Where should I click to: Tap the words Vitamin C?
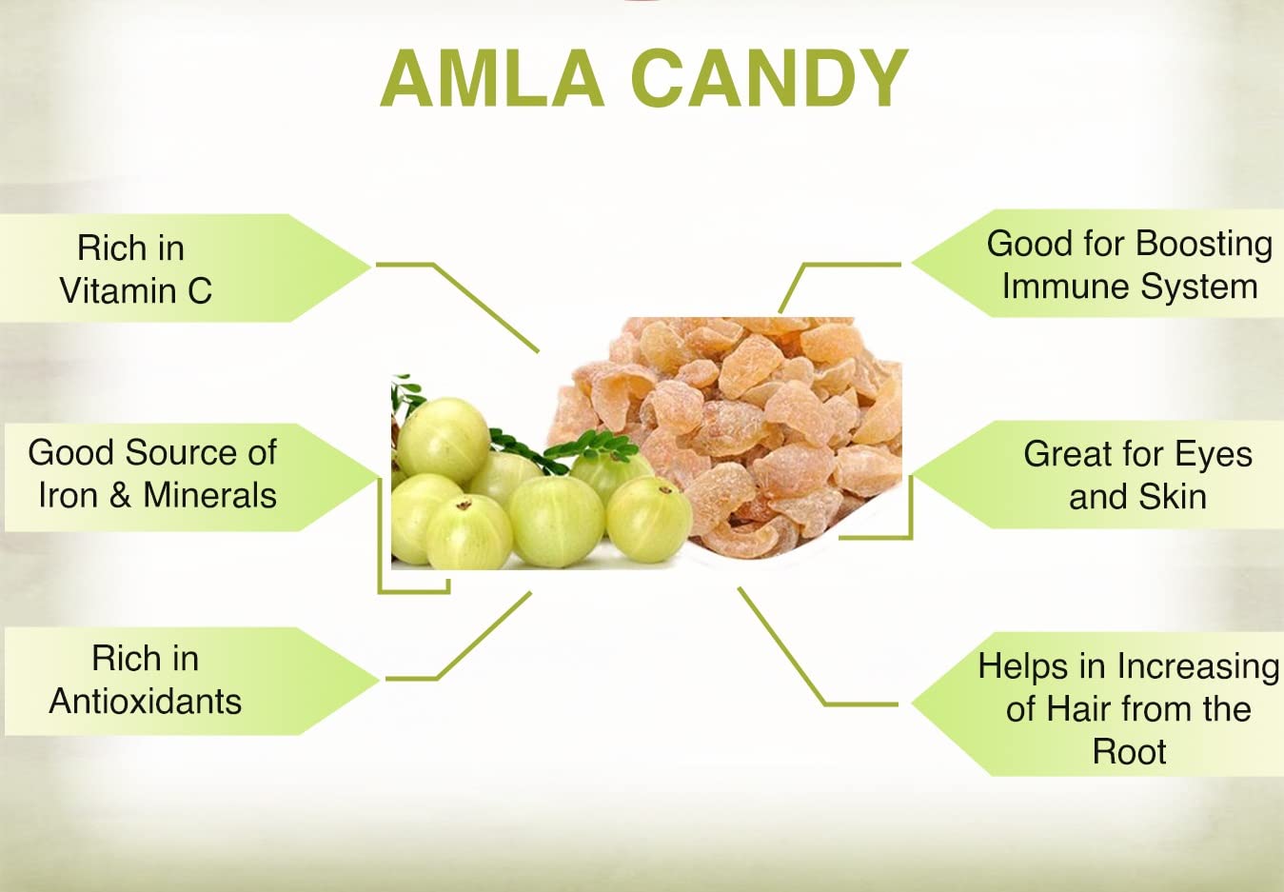(135, 290)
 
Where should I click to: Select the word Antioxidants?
(145, 702)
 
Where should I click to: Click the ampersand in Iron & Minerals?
(120, 496)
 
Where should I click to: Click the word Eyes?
(1214, 454)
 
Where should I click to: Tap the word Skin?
(1175, 497)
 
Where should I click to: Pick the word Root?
(1129, 752)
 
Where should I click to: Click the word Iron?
(68, 496)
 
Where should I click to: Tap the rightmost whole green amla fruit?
(649, 519)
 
